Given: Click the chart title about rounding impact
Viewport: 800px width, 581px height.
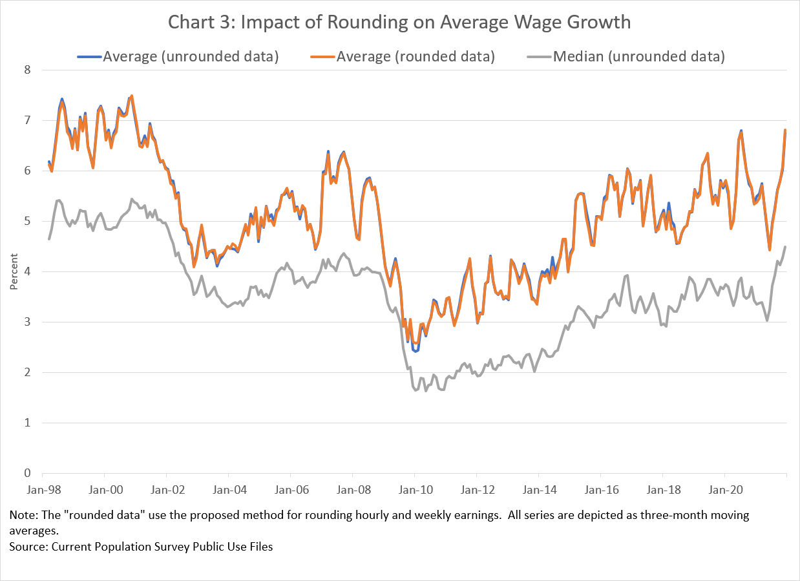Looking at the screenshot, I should (x=399, y=23).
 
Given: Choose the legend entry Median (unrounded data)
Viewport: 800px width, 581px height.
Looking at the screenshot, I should (x=639, y=56).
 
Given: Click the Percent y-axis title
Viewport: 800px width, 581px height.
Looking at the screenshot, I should (x=13, y=271).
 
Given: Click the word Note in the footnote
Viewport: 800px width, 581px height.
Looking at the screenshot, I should (x=21, y=516).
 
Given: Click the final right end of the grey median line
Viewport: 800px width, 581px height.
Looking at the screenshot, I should (x=786, y=246).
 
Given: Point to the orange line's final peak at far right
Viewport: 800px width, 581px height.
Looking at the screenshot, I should (x=785, y=130).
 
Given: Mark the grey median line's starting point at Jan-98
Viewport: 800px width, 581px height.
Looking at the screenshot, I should (x=49, y=239).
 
